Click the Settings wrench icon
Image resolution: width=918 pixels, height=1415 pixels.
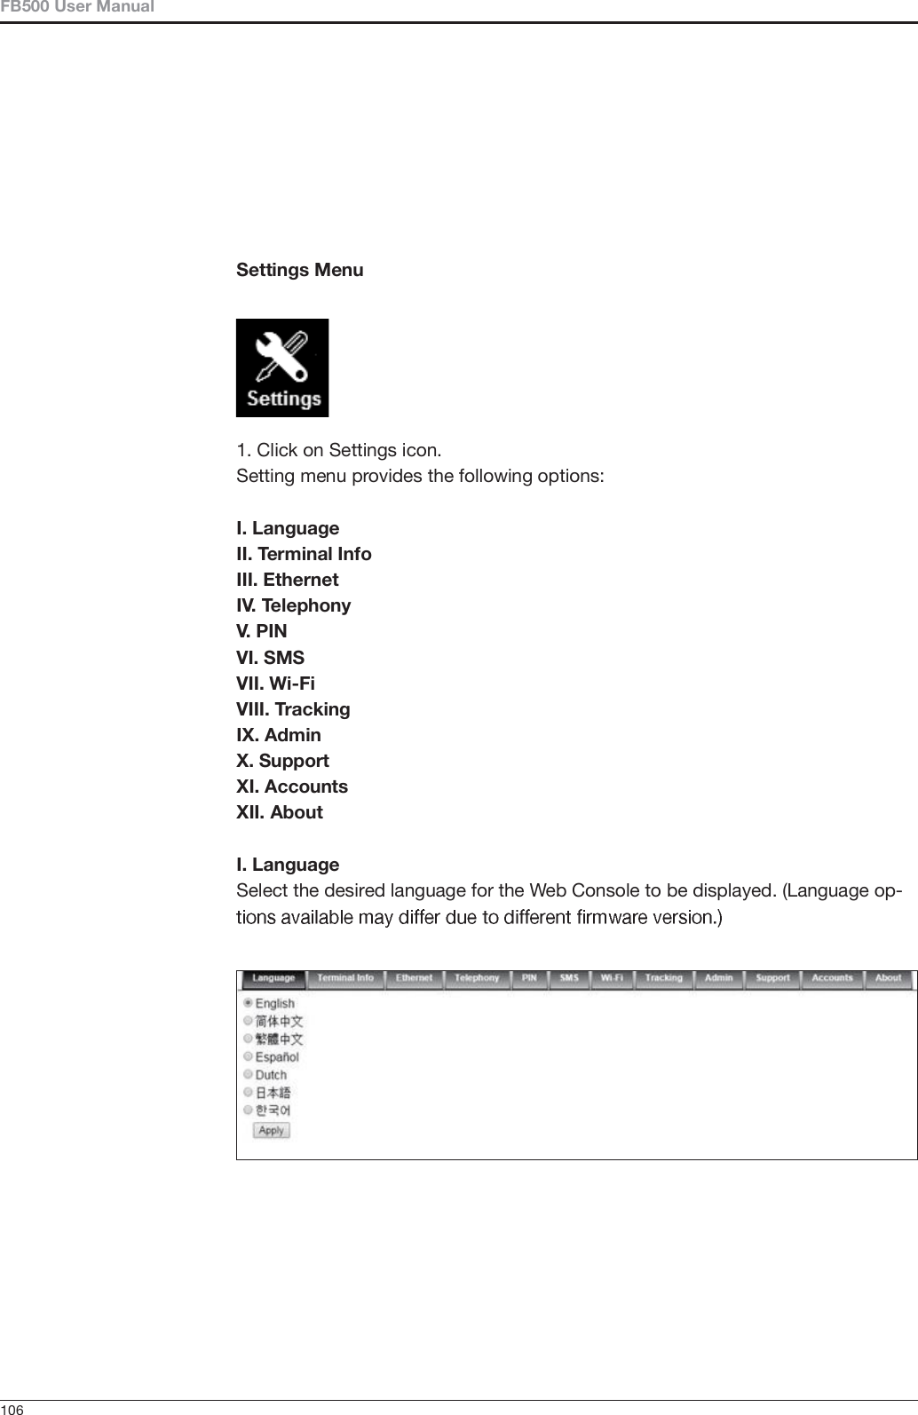pyautogui.click(x=281, y=368)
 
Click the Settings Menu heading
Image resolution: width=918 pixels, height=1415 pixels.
pyautogui.click(x=299, y=270)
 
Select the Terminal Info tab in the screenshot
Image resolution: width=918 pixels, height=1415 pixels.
pyautogui.click(x=344, y=978)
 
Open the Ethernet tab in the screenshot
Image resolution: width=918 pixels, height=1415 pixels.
pyautogui.click(x=414, y=978)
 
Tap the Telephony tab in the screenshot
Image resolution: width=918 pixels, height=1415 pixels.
pyautogui.click(x=477, y=978)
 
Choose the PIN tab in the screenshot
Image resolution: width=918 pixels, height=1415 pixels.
pyautogui.click(x=529, y=978)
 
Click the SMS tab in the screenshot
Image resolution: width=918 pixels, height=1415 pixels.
pyautogui.click(x=569, y=978)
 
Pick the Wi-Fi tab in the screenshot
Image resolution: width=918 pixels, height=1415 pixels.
pyautogui.click(x=612, y=978)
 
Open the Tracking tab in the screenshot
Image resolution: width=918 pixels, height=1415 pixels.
pyautogui.click(x=663, y=978)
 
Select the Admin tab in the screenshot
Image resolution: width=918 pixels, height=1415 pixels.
pyautogui.click(x=718, y=978)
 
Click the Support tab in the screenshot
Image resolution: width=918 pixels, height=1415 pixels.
pyautogui.click(x=772, y=978)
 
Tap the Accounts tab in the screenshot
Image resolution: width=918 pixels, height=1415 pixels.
pyautogui.click(x=832, y=978)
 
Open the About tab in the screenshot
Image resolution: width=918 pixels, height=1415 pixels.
pyautogui.click(x=888, y=978)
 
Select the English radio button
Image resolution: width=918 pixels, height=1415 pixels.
pyautogui.click(x=249, y=1003)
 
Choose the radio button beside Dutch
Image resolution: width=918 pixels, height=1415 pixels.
pyautogui.click(x=249, y=1074)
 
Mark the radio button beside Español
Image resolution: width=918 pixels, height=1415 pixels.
pyautogui.click(x=249, y=1056)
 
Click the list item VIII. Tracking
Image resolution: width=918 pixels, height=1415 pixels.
pyautogui.click(x=293, y=709)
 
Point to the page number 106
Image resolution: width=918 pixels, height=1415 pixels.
pyautogui.click(x=12, y=1409)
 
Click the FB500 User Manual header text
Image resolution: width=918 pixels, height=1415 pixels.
pyautogui.click(x=77, y=8)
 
